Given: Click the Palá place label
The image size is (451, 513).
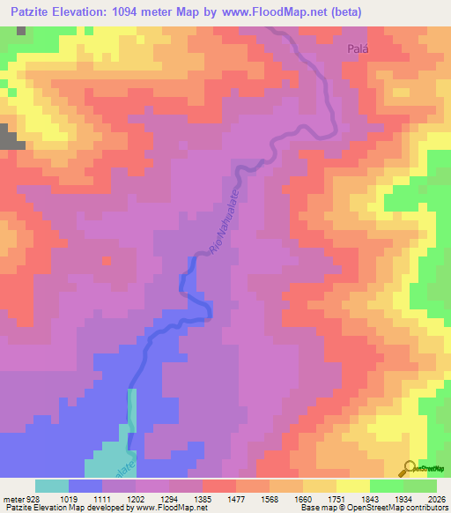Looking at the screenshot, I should coord(356,50).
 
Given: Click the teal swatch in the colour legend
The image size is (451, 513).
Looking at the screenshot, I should coord(52,486).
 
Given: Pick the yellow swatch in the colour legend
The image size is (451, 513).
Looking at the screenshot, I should coord(353,486).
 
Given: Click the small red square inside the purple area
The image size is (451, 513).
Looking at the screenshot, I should coord(107,261).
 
